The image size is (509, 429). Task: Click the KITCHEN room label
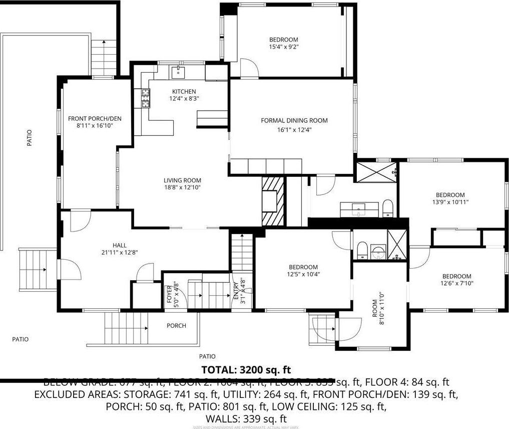pyautogui.click(x=184, y=92)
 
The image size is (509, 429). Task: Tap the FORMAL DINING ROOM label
pyautogui.click(x=294, y=120)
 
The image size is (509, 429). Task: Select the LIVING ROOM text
pyautogui.click(x=182, y=180)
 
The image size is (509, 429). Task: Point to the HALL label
pyautogui.click(x=119, y=245)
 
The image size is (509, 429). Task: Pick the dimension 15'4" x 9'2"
pyautogui.click(x=284, y=47)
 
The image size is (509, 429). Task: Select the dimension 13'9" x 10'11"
pyautogui.click(x=449, y=202)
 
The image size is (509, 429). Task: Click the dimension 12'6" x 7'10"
pyautogui.click(x=456, y=283)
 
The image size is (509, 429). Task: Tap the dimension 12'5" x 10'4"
pyautogui.click(x=303, y=274)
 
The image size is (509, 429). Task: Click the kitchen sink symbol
pyautogui.click(x=178, y=72)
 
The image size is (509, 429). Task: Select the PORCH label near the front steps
pyautogui.click(x=176, y=326)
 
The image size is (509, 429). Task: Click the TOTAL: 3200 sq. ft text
pyautogui.click(x=246, y=370)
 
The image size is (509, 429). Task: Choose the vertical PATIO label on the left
pyautogui.click(x=30, y=138)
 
